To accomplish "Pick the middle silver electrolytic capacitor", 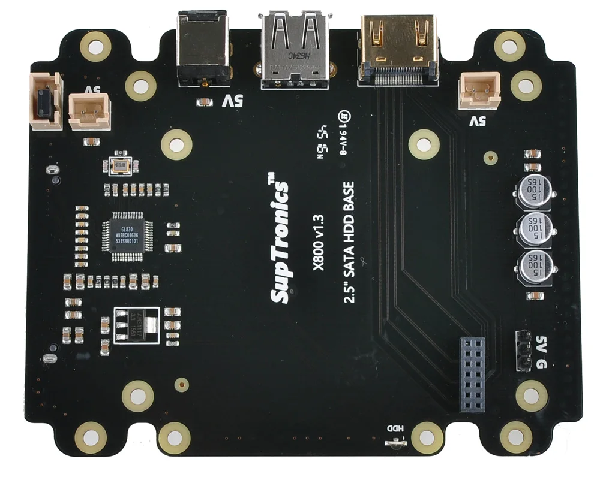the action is pyautogui.click(x=532, y=228).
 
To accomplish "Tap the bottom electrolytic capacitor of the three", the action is pyautogui.click(x=532, y=266).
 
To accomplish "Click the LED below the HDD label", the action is pyautogui.click(x=395, y=443).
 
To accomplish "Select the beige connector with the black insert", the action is pyautogui.click(x=46, y=100).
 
